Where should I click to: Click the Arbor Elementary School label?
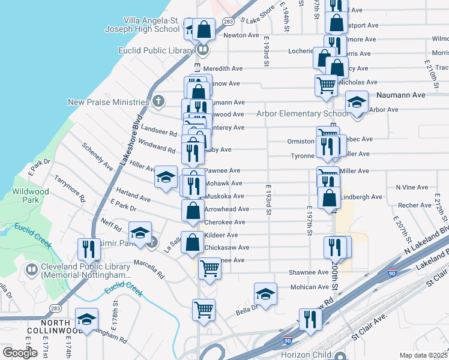(302, 113)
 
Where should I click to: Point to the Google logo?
(20, 353)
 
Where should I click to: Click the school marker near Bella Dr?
(265, 294)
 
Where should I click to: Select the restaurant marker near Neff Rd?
(89, 249)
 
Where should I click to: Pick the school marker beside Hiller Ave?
(166, 177)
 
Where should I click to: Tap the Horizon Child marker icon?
(341, 355)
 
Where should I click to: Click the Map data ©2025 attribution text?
(423, 355)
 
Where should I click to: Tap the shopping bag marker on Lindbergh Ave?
(330, 198)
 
